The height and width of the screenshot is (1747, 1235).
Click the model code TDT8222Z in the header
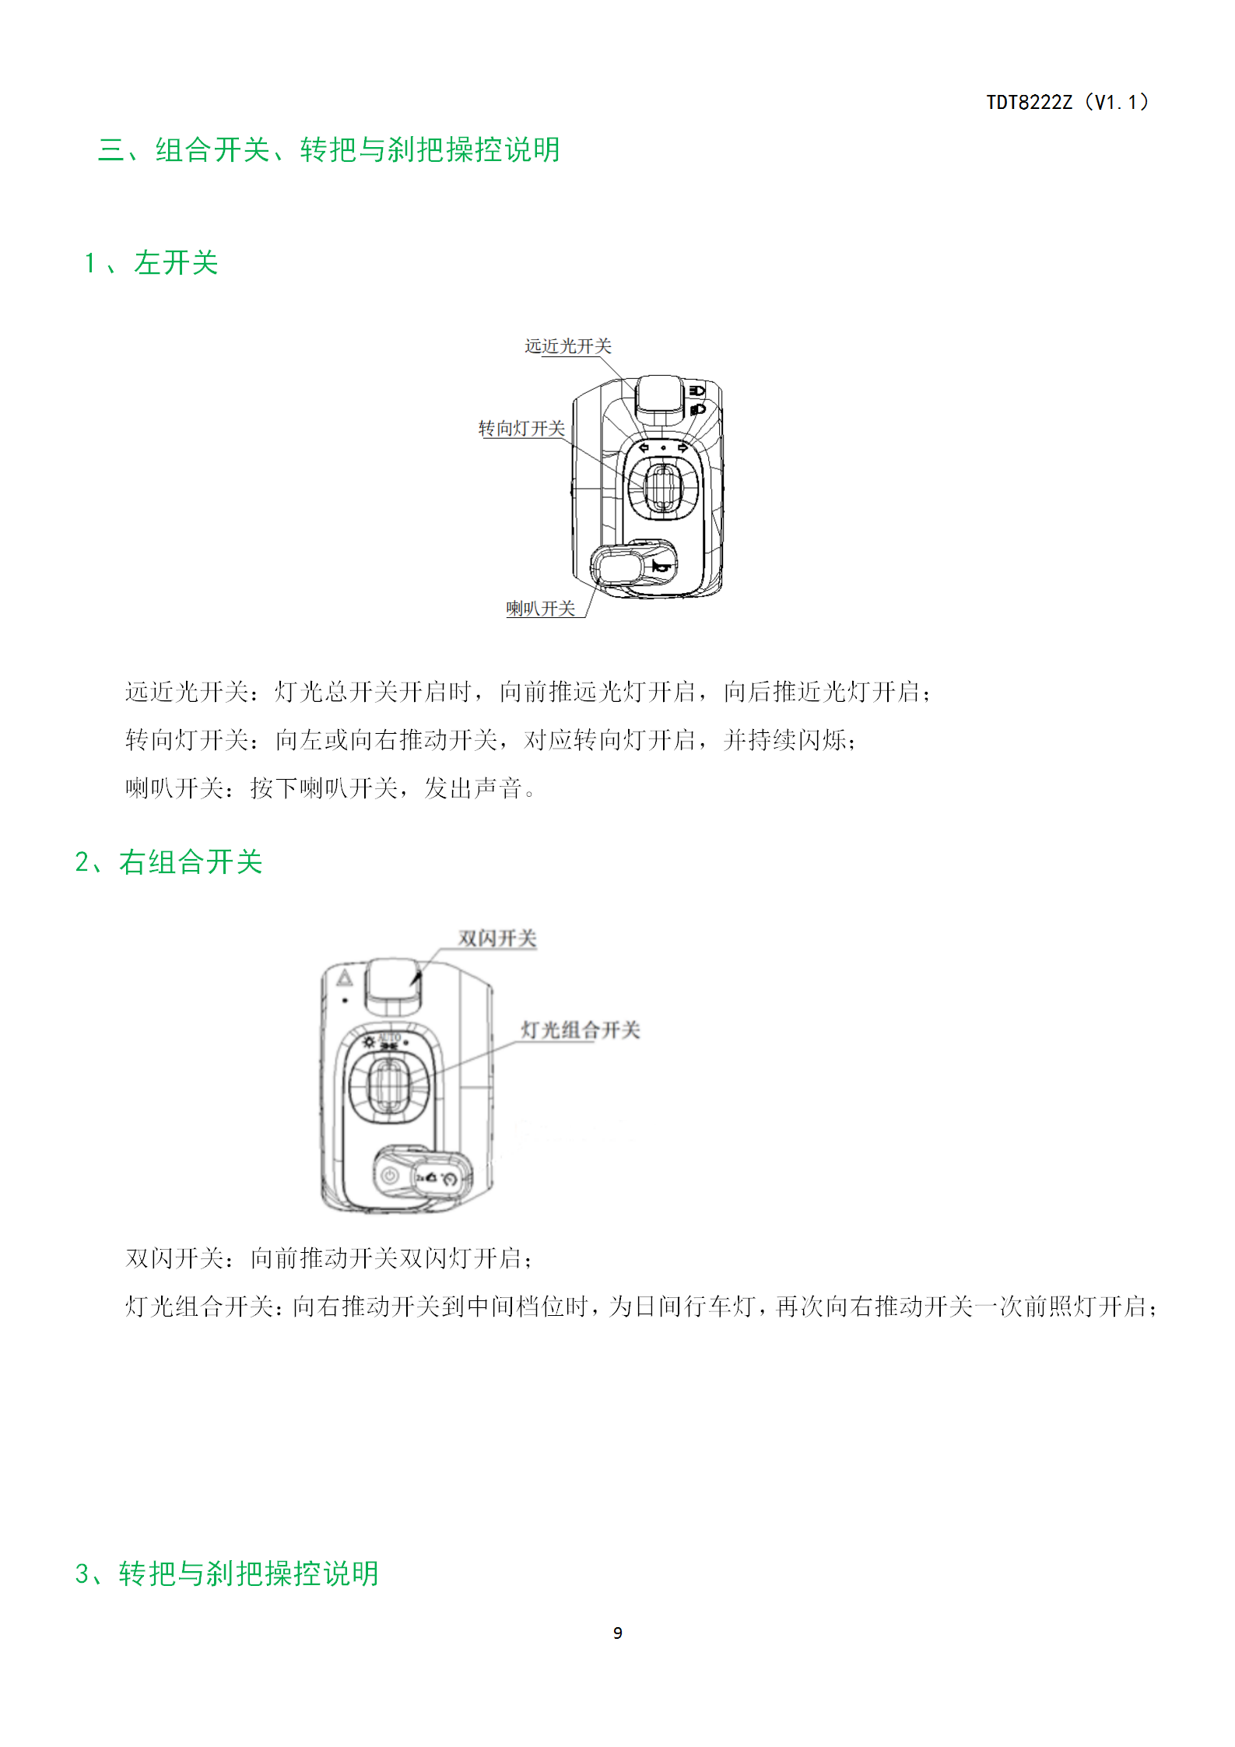click(x=1029, y=103)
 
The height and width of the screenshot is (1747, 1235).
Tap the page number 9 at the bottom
click(x=618, y=1633)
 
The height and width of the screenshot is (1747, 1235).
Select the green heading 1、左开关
click(x=151, y=263)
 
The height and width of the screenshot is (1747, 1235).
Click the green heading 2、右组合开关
click(x=169, y=862)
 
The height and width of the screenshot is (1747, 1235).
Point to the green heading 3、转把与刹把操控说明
click(x=227, y=1573)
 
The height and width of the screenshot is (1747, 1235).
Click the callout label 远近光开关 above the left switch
click(x=568, y=346)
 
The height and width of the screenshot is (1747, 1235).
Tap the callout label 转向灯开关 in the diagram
click(x=521, y=429)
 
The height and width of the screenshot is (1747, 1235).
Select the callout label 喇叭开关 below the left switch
click(x=541, y=609)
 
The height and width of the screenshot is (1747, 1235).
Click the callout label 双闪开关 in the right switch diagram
click(x=497, y=938)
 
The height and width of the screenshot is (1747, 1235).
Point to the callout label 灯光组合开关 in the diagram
click(x=581, y=1030)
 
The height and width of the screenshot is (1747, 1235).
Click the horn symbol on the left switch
click(x=661, y=567)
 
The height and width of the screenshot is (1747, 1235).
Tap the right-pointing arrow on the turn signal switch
click(x=682, y=448)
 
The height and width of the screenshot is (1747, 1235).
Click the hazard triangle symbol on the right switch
click(x=345, y=977)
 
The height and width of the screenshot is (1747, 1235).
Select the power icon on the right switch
click(x=390, y=1177)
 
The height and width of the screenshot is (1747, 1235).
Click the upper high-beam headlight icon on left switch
click(x=696, y=390)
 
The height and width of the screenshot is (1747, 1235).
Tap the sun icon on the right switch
click(x=370, y=1041)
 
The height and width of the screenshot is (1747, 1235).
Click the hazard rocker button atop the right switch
click(x=394, y=984)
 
